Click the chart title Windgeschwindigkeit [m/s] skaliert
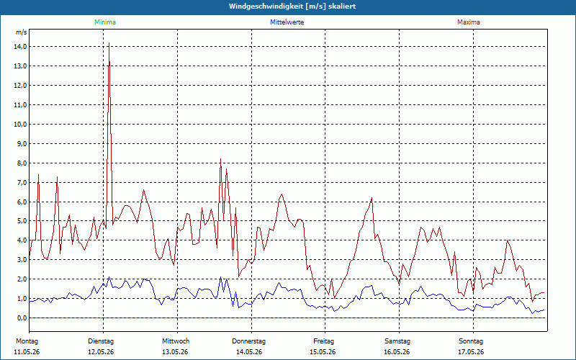pos(292,6)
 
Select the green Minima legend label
pos(105,22)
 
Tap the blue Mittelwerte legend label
pos(287,22)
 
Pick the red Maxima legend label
pos(469,22)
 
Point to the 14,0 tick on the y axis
pos(20,47)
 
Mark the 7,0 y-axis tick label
pos(22,183)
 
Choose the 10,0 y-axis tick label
pos(20,124)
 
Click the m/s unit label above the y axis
pos(22,32)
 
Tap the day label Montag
pos(27,341)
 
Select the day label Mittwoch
pos(176,341)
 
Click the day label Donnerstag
pos(248,341)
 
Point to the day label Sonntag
pos(471,341)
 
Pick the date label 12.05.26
pos(101,352)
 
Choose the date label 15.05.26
pos(323,352)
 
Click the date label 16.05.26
pos(397,352)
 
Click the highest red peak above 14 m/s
pos(109,43)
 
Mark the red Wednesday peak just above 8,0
pos(220,159)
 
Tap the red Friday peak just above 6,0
pos(372,198)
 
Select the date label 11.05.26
pos(27,352)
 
